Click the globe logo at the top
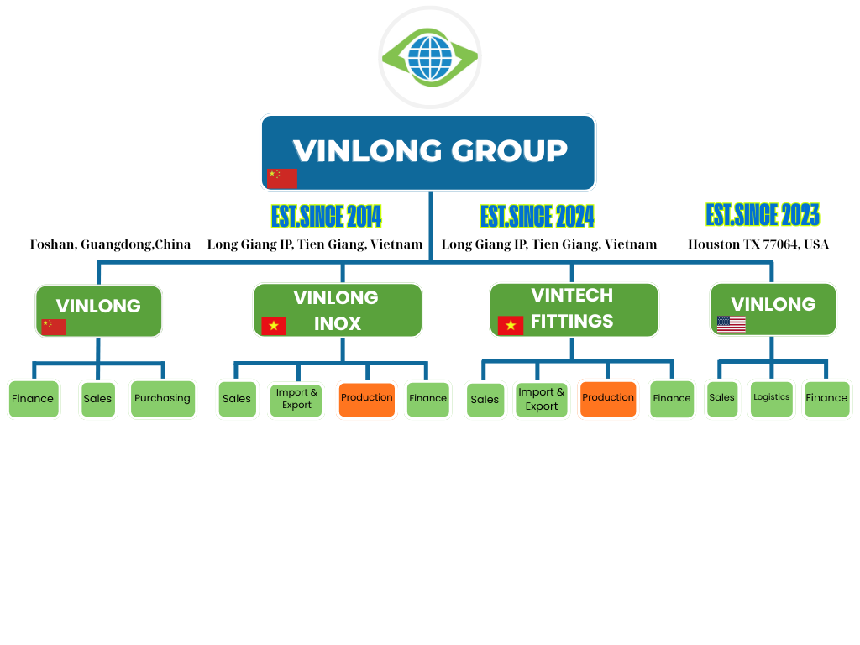(x=429, y=57)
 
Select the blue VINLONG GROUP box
(x=428, y=152)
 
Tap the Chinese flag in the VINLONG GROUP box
(x=281, y=178)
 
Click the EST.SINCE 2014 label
(x=327, y=217)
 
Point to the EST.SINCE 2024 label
(x=537, y=217)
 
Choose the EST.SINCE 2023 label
(x=763, y=215)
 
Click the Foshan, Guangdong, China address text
(x=110, y=244)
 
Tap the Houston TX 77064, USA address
(x=758, y=244)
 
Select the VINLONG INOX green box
(x=338, y=310)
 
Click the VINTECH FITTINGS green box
(x=574, y=309)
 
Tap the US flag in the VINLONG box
(x=731, y=325)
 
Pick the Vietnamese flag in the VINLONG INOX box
(x=273, y=326)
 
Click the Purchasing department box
(x=162, y=399)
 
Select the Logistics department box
(x=771, y=398)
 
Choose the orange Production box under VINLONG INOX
(x=367, y=399)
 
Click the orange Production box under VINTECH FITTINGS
(x=608, y=399)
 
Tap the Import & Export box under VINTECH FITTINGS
(x=542, y=399)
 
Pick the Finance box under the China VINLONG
(x=34, y=399)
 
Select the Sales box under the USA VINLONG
(x=721, y=398)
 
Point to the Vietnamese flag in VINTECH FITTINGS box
(x=511, y=326)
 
